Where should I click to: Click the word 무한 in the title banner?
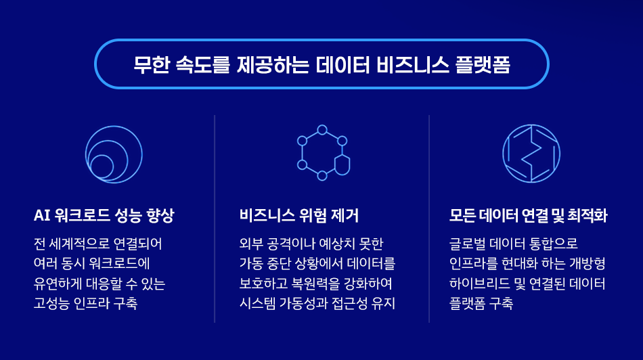pyautogui.click(x=152, y=65)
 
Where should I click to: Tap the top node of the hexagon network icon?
pyautogui.click(x=322, y=130)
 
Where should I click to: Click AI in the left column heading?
pyautogui.click(x=41, y=215)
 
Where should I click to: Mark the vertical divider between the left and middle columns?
pyautogui.click(x=215, y=219)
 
